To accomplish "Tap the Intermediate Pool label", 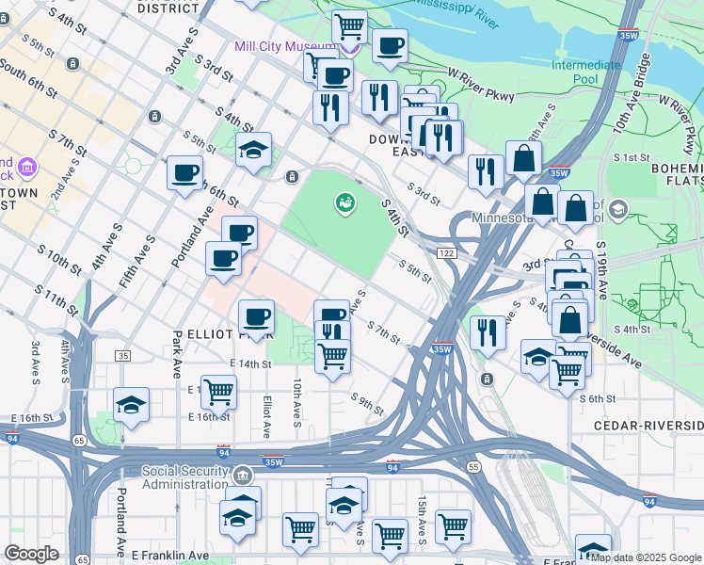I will coord(586,73).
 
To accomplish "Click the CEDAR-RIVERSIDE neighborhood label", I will coord(648,426).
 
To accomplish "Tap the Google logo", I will coord(31,554).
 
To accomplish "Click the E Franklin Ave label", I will coord(169,557).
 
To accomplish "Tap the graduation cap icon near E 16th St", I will coord(131,405).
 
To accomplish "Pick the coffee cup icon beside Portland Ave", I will coord(184,172).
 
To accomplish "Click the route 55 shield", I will coord(472,466).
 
